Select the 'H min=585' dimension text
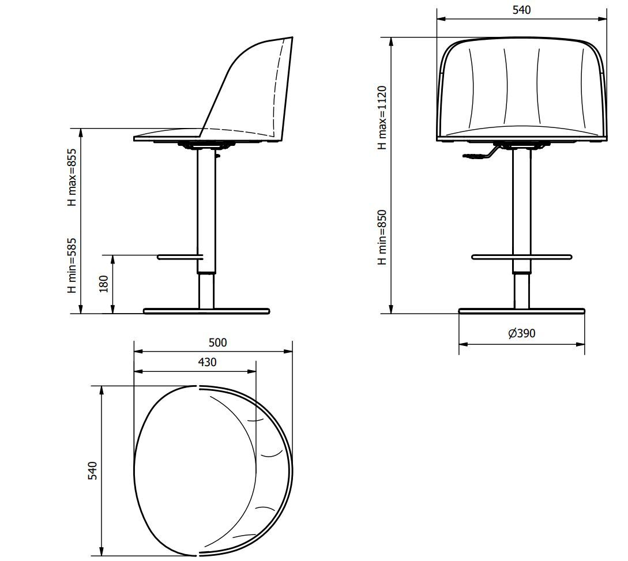[x=71, y=265]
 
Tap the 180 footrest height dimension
[x=104, y=284]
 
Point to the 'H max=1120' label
[x=382, y=118]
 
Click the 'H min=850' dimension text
[x=382, y=237]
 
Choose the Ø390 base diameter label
[x=521, y=333]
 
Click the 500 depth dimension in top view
[x=217, y=342]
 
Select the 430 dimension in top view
[x=207, y=362]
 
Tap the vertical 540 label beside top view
[x=93, y=470]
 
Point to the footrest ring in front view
[x=521, y=256]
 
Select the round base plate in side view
[x=206, y=311]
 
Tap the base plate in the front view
[x=521, y=311]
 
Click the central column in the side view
[x=205, y=202]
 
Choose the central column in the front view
[x=521, y=202]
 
